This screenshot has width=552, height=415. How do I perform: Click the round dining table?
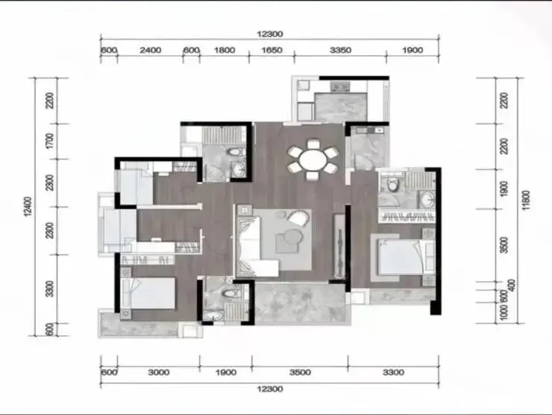[313, 159]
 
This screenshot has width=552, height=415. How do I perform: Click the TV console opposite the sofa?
[339, 245]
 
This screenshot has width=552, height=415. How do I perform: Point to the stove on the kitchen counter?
[340, 86]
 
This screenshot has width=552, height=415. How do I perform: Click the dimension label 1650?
[272, 51]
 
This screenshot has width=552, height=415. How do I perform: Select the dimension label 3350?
[340, 51]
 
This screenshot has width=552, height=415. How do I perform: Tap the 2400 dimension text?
[151, 51]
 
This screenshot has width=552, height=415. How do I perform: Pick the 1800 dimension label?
[225, 51]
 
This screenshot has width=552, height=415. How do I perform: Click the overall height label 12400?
[28, 206]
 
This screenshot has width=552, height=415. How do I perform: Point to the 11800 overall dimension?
[526, 200]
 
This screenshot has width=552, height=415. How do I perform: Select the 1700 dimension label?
[50, 141]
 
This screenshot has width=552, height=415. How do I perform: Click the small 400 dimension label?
[512, 285]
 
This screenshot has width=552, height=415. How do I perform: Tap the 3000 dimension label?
[159, 373]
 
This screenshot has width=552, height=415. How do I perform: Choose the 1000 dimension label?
[504, 313]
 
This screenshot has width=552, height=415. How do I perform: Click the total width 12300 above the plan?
[270, 34]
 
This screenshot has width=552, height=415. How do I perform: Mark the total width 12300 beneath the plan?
[270, 389]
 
